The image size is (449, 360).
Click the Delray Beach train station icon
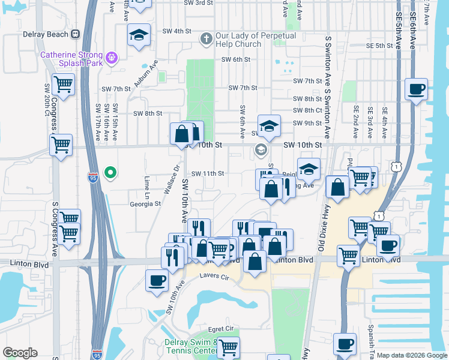[76, 34]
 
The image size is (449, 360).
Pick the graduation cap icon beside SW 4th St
[139, 35]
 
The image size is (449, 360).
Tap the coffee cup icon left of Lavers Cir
[157, 280]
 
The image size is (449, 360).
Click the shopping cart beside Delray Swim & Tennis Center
[228, 347]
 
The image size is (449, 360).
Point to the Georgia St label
[145, 203]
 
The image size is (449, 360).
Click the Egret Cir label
[221, 329]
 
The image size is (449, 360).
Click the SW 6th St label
[235, 59]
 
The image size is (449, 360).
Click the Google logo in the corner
[20, 353]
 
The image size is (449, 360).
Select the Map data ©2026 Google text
[412, 355]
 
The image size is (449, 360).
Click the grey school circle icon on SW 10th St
[261, 149]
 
